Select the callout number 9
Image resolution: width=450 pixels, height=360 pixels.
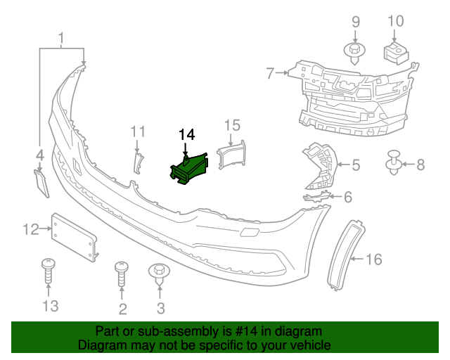tap(354, 21)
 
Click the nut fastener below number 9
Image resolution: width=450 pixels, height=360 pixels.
tap(354, 51)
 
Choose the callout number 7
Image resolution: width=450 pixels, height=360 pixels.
tap(270, 72)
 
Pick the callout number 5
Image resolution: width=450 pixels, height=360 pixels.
tap(356, 165)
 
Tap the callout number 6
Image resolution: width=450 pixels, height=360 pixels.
tap(347, 198)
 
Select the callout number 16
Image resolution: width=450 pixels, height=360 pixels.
tap(373, 259)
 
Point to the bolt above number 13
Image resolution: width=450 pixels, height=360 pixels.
tap(49, 271)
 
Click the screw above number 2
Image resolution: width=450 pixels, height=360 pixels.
tap(122, 274)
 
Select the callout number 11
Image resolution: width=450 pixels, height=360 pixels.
tap(137, 131)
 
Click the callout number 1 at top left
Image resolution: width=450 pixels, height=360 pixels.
tap(62, 37)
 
